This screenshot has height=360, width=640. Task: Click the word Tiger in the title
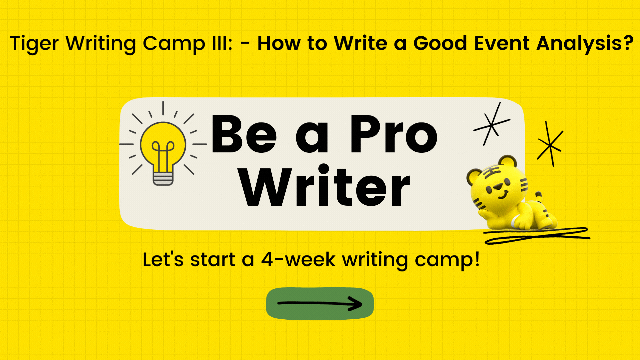tap(35, 44)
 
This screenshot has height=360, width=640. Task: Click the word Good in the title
tap(440, 43)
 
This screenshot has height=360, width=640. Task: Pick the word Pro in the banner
tap(394, 134)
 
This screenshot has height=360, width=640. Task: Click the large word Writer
tap(324, 186)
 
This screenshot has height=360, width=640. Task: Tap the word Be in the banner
tap(244, 134)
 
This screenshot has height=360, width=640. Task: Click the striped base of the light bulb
tap(163, 179)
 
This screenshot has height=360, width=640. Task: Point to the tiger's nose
tap(498, 187)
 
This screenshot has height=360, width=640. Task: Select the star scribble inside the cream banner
tap(492, 124)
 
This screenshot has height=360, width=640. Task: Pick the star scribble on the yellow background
tap(550, 144)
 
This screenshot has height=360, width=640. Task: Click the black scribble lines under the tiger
tap(537, 236)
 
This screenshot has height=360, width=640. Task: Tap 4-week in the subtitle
tap(298, 260)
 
